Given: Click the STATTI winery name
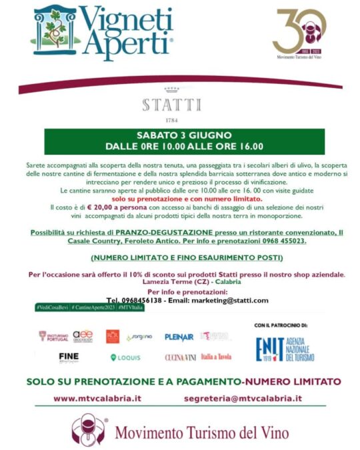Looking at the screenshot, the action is coord(171,105).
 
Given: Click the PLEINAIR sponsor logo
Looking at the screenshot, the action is coord(179,337).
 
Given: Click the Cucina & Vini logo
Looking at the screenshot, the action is coord(180,357).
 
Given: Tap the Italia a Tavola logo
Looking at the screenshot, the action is coord(217,357).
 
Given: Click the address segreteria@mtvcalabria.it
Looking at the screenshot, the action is coord(242,398).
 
